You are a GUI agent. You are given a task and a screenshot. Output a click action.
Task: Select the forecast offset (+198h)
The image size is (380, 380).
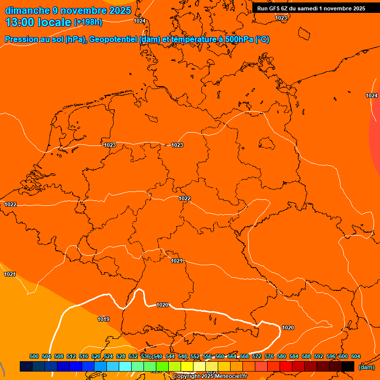88,22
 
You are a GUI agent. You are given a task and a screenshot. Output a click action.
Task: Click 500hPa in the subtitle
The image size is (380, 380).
239,40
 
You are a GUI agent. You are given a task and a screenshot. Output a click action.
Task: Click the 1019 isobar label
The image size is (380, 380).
103,319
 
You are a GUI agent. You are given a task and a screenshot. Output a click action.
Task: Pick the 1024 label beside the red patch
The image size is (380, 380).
372,95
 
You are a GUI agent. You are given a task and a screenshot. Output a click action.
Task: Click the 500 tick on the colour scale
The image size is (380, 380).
34,356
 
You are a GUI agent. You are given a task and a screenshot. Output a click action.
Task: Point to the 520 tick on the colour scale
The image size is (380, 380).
96,356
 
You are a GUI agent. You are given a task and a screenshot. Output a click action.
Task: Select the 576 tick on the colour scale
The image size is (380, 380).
269,356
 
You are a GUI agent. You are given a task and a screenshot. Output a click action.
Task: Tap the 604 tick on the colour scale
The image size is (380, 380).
356,356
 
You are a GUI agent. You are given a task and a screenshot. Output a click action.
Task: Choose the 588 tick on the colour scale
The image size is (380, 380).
306,356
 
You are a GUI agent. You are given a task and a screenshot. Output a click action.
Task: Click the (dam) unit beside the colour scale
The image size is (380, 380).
366,367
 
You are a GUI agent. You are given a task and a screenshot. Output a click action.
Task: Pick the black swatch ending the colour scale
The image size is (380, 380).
348,366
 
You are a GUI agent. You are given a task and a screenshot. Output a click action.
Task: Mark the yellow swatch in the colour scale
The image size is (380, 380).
187,366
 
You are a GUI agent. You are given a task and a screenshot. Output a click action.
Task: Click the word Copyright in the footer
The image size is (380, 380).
186,377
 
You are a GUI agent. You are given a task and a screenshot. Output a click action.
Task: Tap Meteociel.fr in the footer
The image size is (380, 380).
232,377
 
